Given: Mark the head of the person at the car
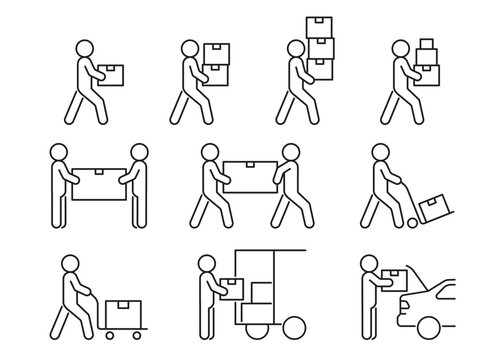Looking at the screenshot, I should (369, 264).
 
